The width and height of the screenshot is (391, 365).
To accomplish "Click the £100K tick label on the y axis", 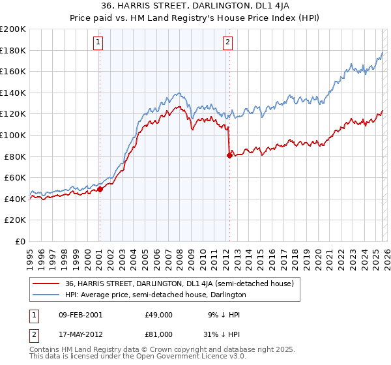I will point(13,135).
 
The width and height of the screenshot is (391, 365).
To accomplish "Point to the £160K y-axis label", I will point(13,72).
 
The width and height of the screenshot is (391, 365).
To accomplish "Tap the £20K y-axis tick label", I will point(15,220).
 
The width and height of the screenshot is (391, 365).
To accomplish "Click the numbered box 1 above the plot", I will point(98,43).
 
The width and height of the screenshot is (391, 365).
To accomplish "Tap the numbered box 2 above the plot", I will point(228,43).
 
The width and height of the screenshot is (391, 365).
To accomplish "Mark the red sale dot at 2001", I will point(100,189).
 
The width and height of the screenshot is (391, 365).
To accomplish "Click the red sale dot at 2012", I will point(229,155).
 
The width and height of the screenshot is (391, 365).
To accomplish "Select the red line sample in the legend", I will point(47,284).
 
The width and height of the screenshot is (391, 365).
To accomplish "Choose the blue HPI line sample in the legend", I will point(47,295).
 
